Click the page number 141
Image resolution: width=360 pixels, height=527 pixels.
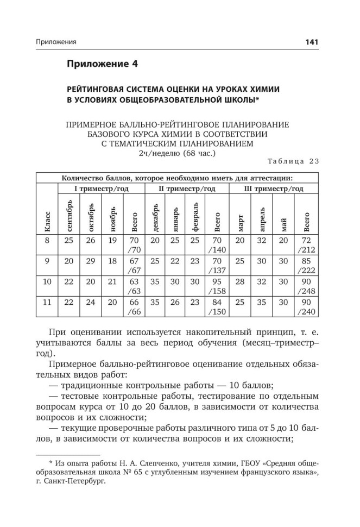pos(312,42)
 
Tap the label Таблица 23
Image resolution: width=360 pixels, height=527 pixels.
pos(294,161)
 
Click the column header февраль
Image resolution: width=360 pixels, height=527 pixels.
pos(196,214)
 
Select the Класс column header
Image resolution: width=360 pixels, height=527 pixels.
pos(47,222)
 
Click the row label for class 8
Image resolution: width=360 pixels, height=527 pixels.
pos(47,240)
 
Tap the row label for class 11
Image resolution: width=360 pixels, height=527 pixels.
pos(47,302)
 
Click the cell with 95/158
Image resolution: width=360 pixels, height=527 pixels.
pos(217,286)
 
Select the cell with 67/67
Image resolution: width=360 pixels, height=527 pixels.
pos(132,265)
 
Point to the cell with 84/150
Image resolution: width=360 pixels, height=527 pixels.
pos(217,306)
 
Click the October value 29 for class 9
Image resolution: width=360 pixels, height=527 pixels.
pos(90,261)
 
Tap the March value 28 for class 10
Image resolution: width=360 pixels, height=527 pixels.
pos(241,281)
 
